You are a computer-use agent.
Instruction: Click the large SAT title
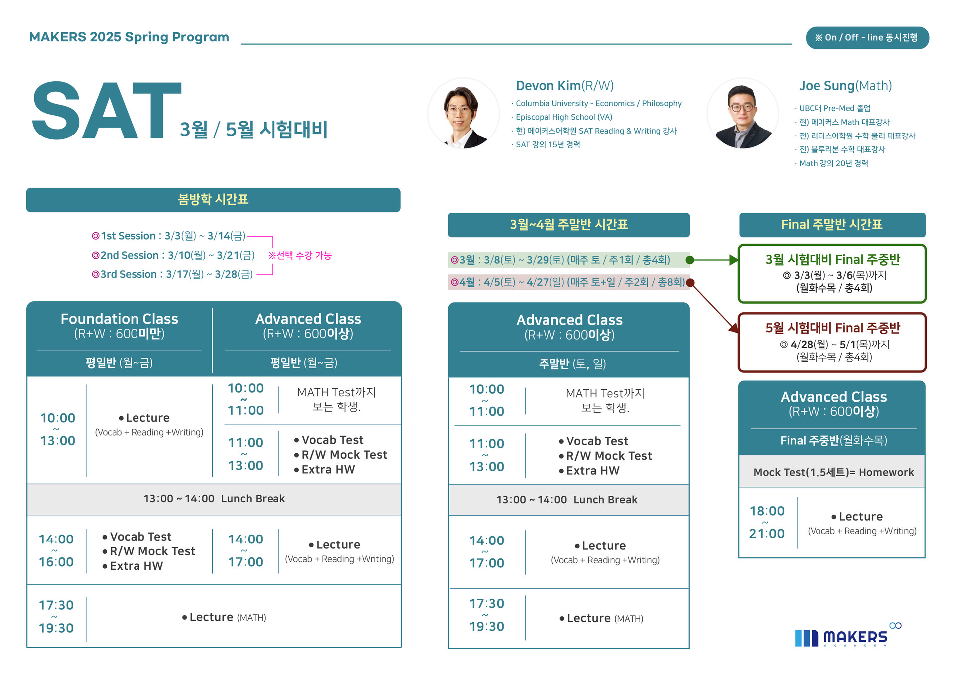click(x=106, y=111)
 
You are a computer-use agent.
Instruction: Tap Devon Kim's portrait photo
click(x=463, y=114)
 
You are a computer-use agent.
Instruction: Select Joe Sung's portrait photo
click(x=742, y=114)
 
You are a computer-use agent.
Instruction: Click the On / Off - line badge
click(x=867, y=38)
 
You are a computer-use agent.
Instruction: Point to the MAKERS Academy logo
click(x=847, y=636)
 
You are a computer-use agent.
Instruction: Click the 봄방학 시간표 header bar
click(x=213, y=200)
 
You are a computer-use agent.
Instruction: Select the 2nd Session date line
click(x=173, y=255)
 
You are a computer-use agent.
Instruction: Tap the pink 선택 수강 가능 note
click(x=300, y=255)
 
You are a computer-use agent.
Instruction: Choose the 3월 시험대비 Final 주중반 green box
click(x=832, y=273)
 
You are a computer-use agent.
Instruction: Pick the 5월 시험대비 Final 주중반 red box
click(x=832, y=342)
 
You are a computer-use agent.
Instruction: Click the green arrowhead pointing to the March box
click(x=734, y=260)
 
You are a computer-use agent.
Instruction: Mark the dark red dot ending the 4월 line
click(x=690, y=283)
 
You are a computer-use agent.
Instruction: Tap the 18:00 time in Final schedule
click(x=767, y=511)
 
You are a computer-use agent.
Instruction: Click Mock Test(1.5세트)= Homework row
click(x=833, y=472)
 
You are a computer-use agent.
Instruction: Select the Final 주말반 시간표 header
click(x=832, y=225)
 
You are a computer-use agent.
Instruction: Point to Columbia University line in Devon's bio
click(x=598, y=103)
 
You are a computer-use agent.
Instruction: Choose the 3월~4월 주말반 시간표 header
click(x=569, y=225)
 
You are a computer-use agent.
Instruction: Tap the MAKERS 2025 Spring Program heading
click(x=129, y=37)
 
